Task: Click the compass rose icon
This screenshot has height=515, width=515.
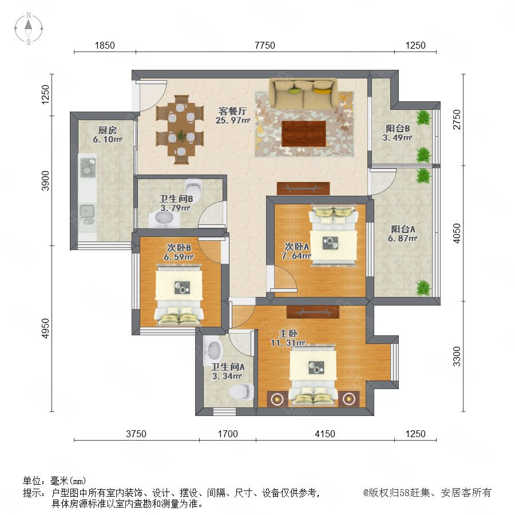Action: (x=29, y=29)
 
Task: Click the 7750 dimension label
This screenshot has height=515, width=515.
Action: (x=265, y=45)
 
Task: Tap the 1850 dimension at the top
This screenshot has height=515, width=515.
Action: (x=105, y=45)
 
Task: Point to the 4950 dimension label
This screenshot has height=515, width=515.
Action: (x=45, y=328)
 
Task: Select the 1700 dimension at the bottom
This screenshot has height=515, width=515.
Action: (x=228, y=434)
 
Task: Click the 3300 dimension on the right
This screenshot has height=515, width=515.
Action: (x=457, y=356)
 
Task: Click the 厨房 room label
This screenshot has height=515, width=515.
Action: (x=108, y=130)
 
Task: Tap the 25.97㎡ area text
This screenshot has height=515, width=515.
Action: (x=233, y=121)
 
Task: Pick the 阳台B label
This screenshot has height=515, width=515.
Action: (x=398, y=128)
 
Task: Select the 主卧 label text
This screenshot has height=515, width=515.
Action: (x=288, y=334)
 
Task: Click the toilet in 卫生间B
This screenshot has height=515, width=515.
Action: (x=194, y=187)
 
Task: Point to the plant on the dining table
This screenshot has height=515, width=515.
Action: (x=181, y=136)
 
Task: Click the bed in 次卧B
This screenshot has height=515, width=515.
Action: (x=179, y=296)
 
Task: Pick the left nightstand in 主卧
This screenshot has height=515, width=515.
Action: (x=278, y=399)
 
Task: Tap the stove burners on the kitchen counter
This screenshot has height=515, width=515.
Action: (x=88, y=166)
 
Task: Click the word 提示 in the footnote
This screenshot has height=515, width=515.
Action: (x=31, y=493)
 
